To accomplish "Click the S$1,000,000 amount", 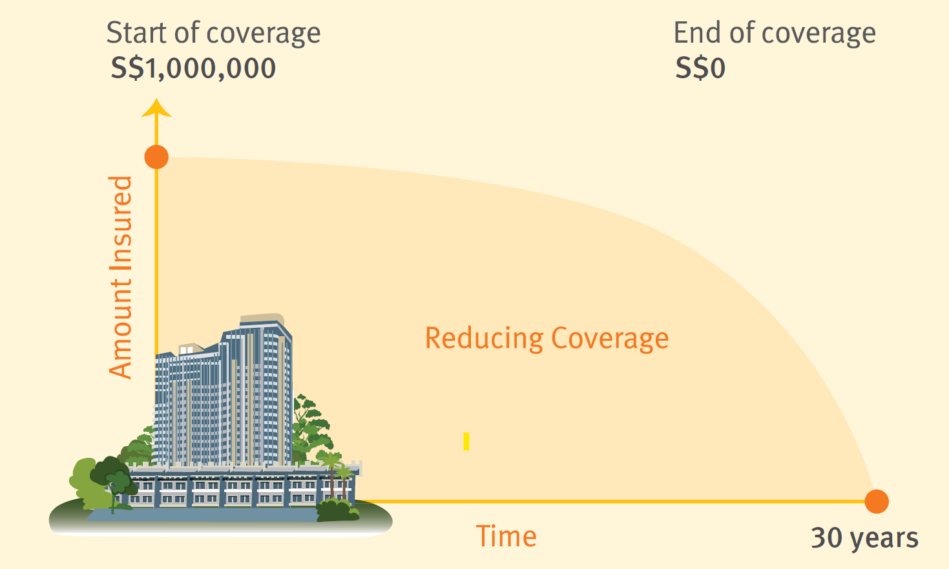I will [x=193, y=69].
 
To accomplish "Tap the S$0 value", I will [x=700, y=69].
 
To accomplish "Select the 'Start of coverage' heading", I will [x=213, y=33].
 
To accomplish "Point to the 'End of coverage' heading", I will [x=774, y=33].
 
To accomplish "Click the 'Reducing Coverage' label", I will [x=547, y=338].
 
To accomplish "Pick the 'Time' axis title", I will [x=506, y=537].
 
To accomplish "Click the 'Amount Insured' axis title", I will [x=121, y=277].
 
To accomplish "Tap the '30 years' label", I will [x=864, y=538].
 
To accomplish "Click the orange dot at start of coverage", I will [x=156, y=157].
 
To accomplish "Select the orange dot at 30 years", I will [x=876, y=501].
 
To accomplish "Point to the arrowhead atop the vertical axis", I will [x=156, y=108].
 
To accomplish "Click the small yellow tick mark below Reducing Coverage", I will [x=466, y=442].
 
